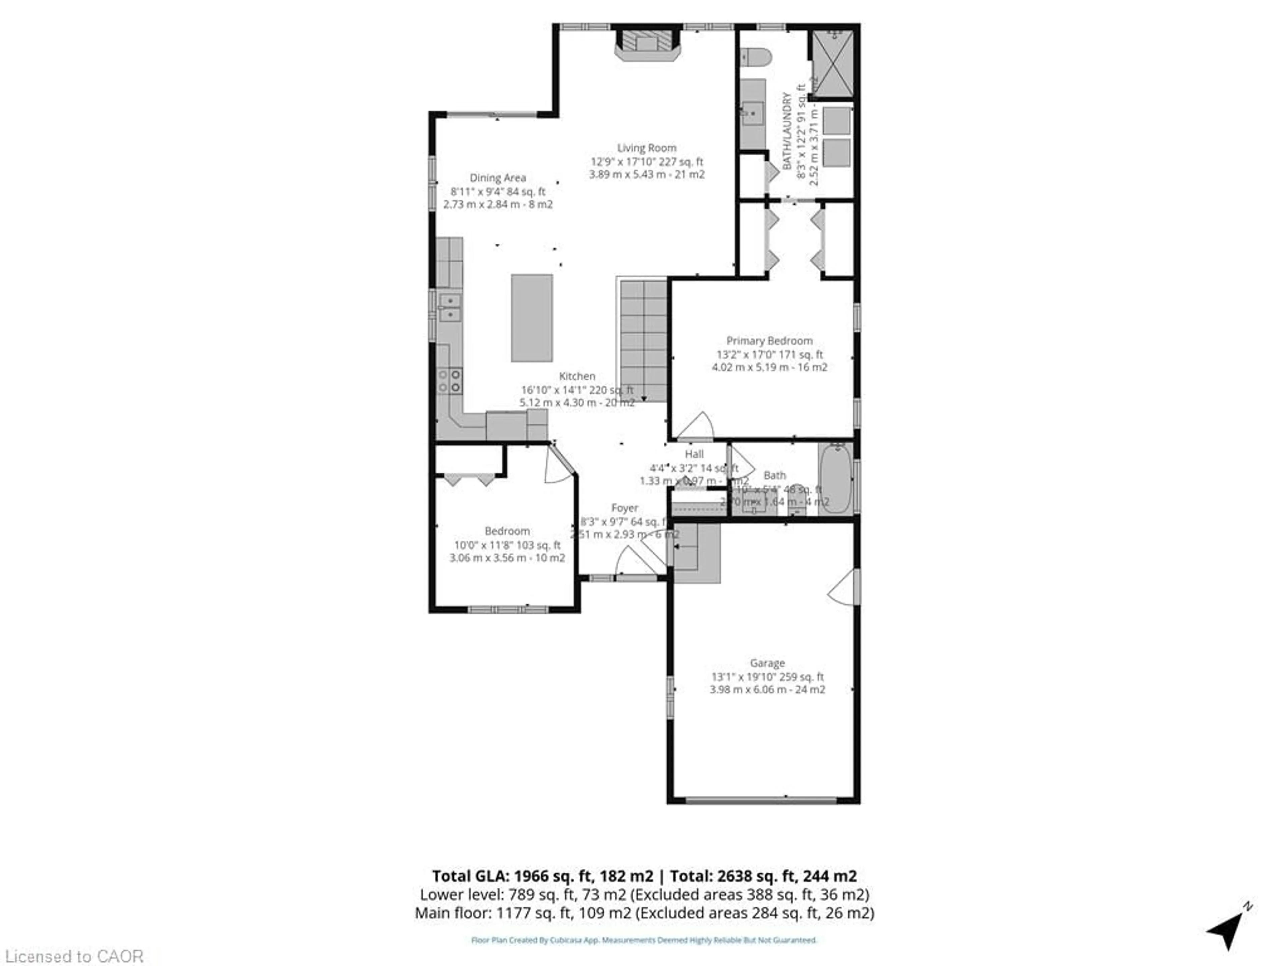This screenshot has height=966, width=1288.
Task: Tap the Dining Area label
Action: click(x=497, y=177)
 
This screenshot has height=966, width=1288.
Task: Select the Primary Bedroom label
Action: click(x=769, y=341)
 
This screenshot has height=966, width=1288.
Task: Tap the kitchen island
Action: click(x=532, y=318)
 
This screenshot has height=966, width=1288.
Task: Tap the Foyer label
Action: click(x=624, y=508)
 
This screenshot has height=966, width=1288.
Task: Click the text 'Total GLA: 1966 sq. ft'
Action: click(x=542, y=876)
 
